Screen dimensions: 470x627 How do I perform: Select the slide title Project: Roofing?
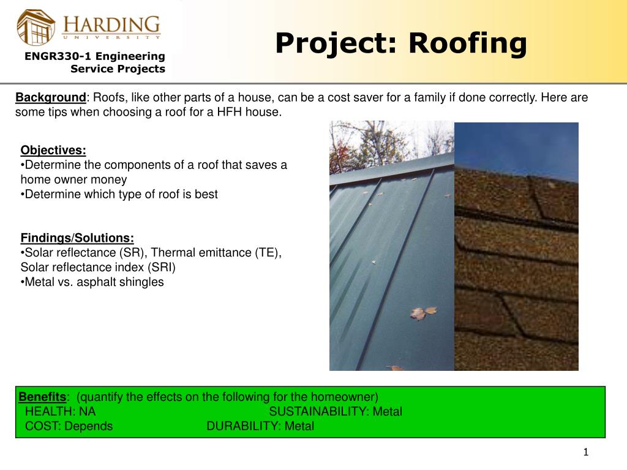400,43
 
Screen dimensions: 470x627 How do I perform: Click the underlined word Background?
51,98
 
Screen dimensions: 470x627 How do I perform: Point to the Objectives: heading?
53,151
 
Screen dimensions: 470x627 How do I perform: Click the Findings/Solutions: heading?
77,238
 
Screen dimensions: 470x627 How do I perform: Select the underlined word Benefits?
42,397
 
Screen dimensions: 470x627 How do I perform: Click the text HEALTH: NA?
60,411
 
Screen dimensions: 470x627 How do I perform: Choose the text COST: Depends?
69,426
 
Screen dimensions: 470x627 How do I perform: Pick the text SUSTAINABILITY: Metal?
336,411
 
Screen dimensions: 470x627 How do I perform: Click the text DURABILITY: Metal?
260,426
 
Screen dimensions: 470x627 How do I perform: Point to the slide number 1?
585,452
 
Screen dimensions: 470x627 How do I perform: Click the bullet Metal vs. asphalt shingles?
94,282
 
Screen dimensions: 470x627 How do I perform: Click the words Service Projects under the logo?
118,69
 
